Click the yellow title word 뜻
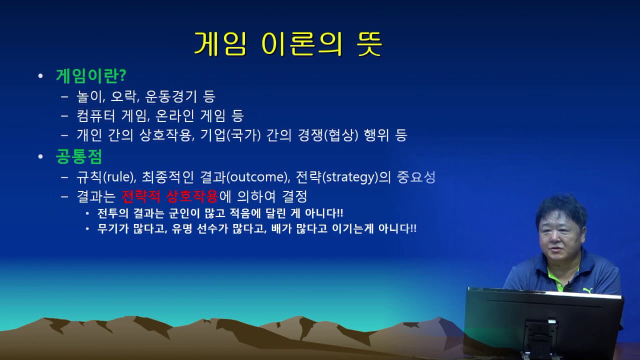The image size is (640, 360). click(x=369, y=44)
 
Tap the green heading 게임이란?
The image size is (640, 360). click(x=91, y=76)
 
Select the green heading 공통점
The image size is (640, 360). click(x=79, y=156)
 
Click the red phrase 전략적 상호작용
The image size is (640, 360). click(x=170, y=196)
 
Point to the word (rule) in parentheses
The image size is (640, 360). click(x=119, y=177)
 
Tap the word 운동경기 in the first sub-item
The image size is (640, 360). click(x=171, y=96)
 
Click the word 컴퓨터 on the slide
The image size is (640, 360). click(x=96, y=116)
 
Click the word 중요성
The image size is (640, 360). click(x=416, y=177)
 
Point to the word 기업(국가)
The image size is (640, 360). click(x=230, y=135)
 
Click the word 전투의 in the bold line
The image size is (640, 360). click(x=112, y=213)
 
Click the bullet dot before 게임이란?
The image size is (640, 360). click(x=40, y=76)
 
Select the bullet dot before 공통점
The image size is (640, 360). click(x=40, y=156)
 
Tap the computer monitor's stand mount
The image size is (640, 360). click(x=539, y=336)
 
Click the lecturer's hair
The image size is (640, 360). click(x=561, y=210)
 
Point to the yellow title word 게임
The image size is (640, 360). click(x=220, y=44)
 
